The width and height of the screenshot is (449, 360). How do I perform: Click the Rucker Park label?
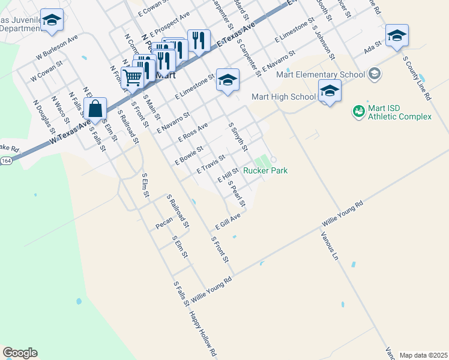click(265, 171)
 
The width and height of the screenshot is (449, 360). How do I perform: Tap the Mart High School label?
click(284, 97)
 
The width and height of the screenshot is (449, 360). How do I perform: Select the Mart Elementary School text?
click(321, 74)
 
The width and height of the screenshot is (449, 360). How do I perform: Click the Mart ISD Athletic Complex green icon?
click(358, 111)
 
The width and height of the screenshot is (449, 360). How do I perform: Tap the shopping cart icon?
click(132, 77)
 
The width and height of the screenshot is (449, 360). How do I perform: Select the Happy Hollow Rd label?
click(203, 333)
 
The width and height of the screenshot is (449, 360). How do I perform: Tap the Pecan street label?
click(164, 223)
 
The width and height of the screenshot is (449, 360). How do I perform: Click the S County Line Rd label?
click(417, 79)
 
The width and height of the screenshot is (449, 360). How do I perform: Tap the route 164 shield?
click(6, 161)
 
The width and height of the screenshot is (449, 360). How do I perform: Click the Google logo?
click(20, 353)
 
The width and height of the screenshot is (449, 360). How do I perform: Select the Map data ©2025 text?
click(423, 355)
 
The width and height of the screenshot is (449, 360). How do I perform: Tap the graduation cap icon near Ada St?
click(397, 35)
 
